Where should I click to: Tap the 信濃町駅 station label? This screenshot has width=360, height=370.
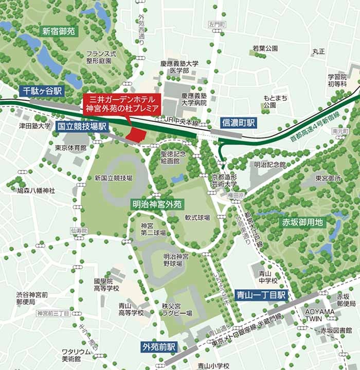point(239,123)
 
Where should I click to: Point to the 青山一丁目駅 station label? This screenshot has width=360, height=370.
point(261,295)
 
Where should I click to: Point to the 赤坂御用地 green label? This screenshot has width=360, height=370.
point(302,222)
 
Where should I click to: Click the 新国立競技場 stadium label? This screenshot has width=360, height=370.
point(114,178)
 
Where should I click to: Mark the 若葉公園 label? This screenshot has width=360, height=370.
point(265,48)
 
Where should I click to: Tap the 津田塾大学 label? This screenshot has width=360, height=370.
point(35,126)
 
